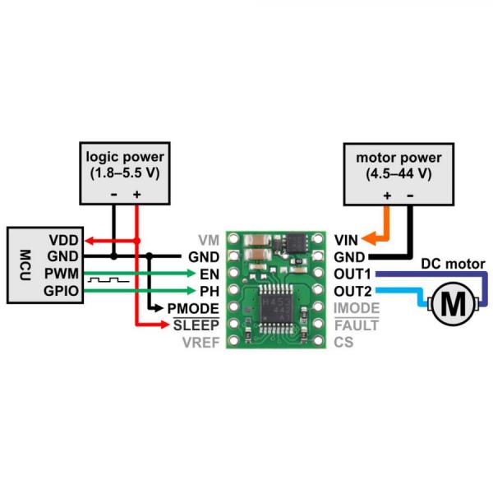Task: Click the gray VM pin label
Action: pos(208,240)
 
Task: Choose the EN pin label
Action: pos(210,273)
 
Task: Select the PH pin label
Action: pos(210,289)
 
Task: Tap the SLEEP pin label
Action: pos(197,325)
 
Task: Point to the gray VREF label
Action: pos(201,342)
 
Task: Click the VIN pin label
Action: pos(346,240)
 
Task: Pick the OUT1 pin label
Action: pos(353,273)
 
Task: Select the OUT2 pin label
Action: pos(353,289)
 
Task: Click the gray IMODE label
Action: pos(357,307)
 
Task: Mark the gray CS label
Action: pos(344,342)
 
